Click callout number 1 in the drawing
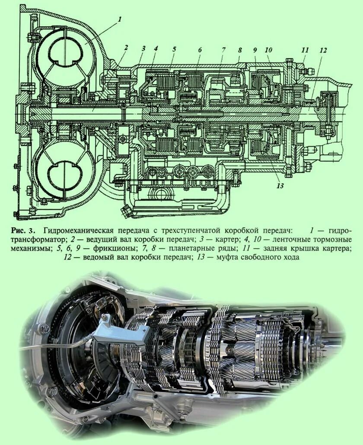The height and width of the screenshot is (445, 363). (x=120, y=19)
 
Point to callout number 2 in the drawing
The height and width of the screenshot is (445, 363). (x=126, y=48)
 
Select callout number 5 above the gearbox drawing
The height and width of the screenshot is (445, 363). (x=174, y=49)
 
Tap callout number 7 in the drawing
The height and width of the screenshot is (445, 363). (x=223, y=50)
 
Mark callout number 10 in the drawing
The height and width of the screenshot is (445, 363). (x=268, y=50)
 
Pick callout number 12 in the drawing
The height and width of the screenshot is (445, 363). (x=324, y=50)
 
